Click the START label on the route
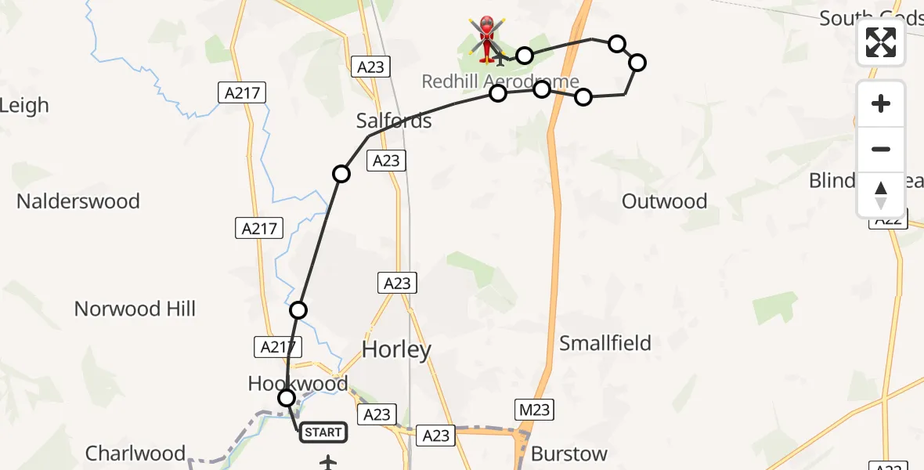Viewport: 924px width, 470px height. point(323,432)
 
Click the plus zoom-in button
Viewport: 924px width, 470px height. point(881,103)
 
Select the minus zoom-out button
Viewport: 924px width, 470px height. point(881,150)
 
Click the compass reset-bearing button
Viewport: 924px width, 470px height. point(881,195)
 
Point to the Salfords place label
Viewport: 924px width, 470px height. point(394,121)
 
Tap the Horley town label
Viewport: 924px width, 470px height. point(396,349)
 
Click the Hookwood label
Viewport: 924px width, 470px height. point(298,384)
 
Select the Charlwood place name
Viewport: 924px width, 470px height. point(135,454)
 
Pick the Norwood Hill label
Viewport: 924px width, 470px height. point(135,309)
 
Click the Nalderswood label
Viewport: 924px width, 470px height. point(78,201)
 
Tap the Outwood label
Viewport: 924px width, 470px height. point(664,201)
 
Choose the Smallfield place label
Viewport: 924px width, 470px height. point(605,343)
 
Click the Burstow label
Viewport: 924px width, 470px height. point(568,454)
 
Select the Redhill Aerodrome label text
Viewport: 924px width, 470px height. point(500,81)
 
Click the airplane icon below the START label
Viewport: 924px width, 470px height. point(327,463)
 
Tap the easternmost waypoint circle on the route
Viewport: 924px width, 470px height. point(637,63)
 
